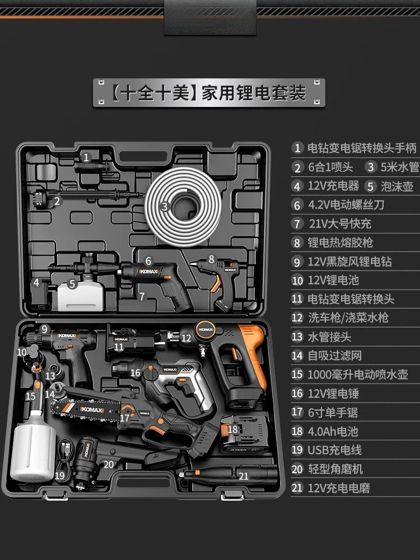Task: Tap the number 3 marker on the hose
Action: coord(164,207)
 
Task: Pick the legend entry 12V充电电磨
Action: coord(338,488)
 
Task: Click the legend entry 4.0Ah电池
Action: coord(333,431)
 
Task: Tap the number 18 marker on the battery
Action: coord(233,430)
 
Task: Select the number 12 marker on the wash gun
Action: coord(186,338)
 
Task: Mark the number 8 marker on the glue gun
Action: coord(211,259)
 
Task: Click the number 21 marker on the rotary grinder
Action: coord(243,476)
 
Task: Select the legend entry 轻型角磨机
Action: coord(335,469)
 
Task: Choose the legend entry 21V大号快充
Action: coord(339,223)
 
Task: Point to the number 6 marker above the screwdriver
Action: coord(148,260)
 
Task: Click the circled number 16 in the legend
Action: coord(297,394)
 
